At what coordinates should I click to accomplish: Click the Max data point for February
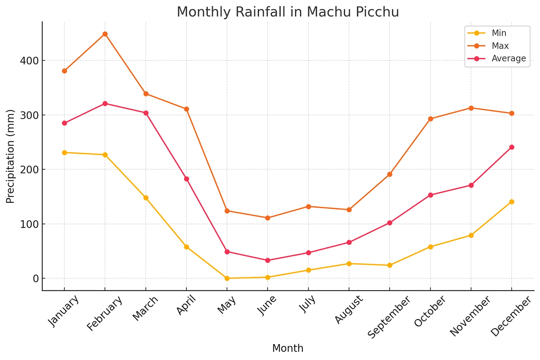[x=105, y=34]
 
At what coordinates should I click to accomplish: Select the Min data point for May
[x=227, y=278]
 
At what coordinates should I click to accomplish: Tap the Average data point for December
[x=512, y=147]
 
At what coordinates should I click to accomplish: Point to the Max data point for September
[x=390, y=174]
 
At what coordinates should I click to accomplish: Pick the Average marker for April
[x=186, y=179]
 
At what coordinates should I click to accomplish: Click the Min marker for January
[x=64, y=152]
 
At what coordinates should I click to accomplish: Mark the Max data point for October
[x=430, y=119]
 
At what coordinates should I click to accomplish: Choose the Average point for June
[x=268, y=260]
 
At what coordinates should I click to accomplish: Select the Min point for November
[x=471, y=235]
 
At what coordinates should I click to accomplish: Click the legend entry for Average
[x=508, y=59]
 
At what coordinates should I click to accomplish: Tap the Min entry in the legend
[x=499, y=33]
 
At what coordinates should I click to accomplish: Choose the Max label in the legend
[x=500, y=46]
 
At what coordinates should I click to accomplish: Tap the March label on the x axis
[x=145, y=308]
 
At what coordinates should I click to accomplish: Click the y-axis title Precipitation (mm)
[x=10, y=156]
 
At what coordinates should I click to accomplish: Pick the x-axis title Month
[x=288, y=348]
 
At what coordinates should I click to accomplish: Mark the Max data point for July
[x=309, y=206]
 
